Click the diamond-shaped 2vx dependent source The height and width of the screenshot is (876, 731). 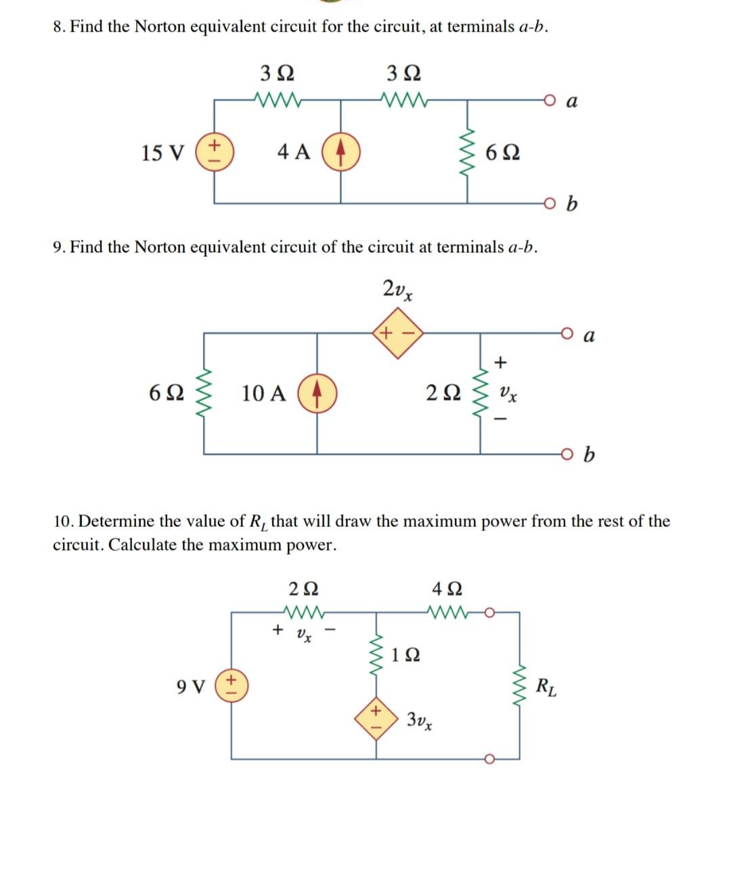pyautogui.click(x=396, y=333)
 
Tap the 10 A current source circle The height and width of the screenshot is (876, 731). pyautogui.click(x=318, y=393)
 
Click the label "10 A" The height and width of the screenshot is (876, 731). pyautogui.click(x=264, y=393)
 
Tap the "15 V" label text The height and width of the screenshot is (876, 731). pyautogui.click(x=162, y=153)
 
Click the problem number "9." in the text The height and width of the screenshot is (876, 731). pyautogui.click(x=59, y=248)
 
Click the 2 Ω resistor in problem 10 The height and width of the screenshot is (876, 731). pyautogui.click(x=304, y=613)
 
